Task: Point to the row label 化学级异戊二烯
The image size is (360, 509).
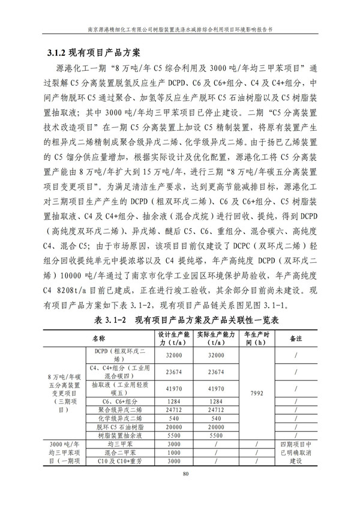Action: [x=118, y=418]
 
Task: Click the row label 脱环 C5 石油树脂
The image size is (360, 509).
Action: [x=118, y=426]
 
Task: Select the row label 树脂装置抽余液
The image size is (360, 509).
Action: [x=118, y=435]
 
